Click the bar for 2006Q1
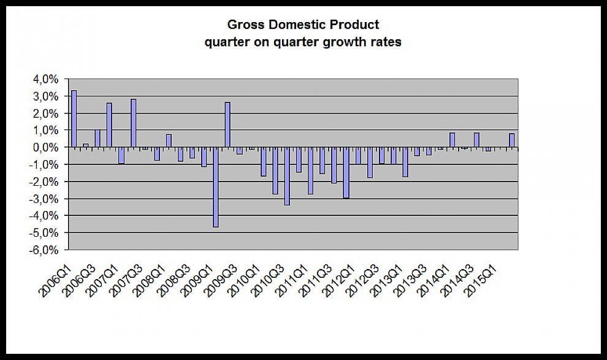point(74,119)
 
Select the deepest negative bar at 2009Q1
point(216,187)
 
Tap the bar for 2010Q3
point(287,176)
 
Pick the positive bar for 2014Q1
point(452,140)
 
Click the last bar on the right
point(512,140)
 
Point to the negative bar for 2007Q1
point(121,156)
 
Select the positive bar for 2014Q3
point(476,140)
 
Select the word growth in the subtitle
point(346,42)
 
